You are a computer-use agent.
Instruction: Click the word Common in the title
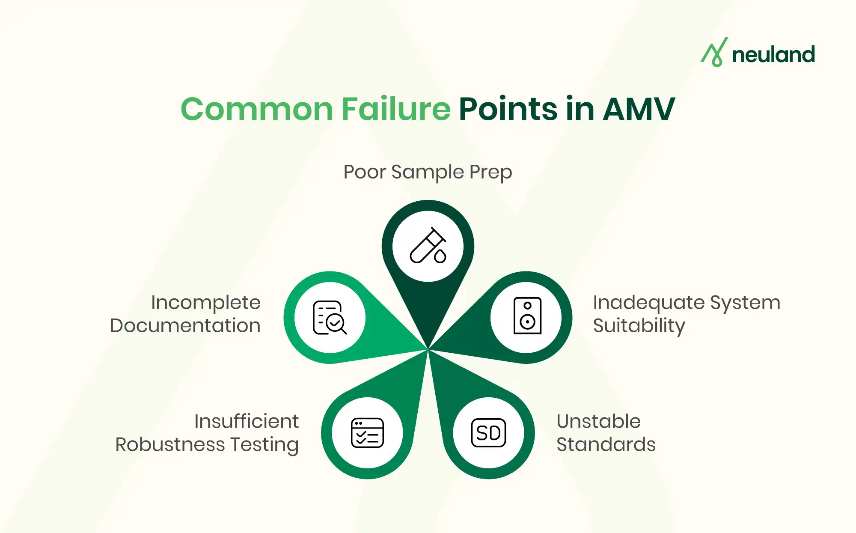click(257, 109)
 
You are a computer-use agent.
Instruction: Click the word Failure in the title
click(396, 109)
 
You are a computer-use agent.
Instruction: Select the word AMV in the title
click(639, 109)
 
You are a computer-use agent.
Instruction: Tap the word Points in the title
click(508, 109)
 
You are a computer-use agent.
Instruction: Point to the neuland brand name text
click(773, 55)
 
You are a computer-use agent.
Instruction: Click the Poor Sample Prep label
click(428, 172)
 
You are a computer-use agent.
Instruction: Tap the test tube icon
click(428, 246)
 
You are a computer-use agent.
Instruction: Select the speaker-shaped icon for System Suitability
click(527, 316)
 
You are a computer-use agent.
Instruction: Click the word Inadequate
click(649, 303)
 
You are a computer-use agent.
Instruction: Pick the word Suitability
click(639, 326)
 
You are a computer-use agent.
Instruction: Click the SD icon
click(488, 433)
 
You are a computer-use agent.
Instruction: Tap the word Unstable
click(598, 421)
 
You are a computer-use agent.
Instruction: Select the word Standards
click(606, 444)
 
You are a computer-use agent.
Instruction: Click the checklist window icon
click(367, 433)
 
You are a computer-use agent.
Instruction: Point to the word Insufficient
click(247, 421)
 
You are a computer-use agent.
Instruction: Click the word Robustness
click(170, 444)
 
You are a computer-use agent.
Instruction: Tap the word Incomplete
click(206, 303)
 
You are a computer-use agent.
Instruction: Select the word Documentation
click(185, 326)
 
